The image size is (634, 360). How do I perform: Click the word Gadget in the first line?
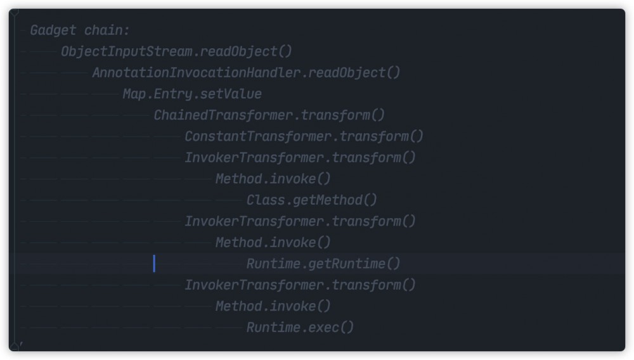53,30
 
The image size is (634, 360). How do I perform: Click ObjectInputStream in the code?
127,52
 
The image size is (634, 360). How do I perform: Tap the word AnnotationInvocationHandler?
197,73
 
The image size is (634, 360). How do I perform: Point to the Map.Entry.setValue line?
193,94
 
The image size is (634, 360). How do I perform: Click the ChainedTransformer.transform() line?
269,115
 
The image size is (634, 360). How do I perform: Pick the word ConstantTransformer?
259,136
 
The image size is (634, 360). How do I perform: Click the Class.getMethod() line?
312,200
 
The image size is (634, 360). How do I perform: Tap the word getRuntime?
347,264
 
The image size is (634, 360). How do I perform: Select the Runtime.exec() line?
300,327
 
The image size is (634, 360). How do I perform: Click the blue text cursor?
154,264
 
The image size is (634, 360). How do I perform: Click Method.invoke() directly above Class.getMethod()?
273,179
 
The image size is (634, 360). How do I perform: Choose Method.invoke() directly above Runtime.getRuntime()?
273,242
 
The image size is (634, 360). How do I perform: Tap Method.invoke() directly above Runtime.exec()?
273,306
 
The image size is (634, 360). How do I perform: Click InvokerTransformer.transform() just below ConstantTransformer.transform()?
301,158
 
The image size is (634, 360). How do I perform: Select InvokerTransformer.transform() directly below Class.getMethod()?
301,221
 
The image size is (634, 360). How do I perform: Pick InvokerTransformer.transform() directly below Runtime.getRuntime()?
301,285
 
